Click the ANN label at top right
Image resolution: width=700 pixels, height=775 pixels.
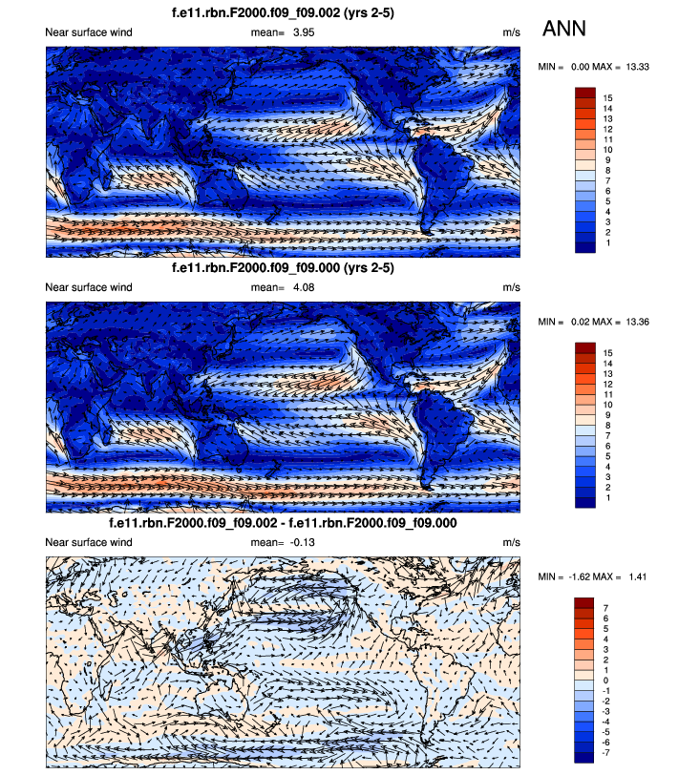pos(564,30)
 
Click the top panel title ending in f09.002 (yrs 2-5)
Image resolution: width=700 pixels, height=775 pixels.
pos(283,13)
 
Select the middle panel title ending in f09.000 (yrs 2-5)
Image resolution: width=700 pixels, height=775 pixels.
pos(283,268)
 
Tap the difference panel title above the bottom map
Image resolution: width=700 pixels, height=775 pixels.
pos(283,524)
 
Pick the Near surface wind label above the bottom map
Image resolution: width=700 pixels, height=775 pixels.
pos(89,542)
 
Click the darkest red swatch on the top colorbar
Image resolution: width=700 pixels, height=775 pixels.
pos(585,93)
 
